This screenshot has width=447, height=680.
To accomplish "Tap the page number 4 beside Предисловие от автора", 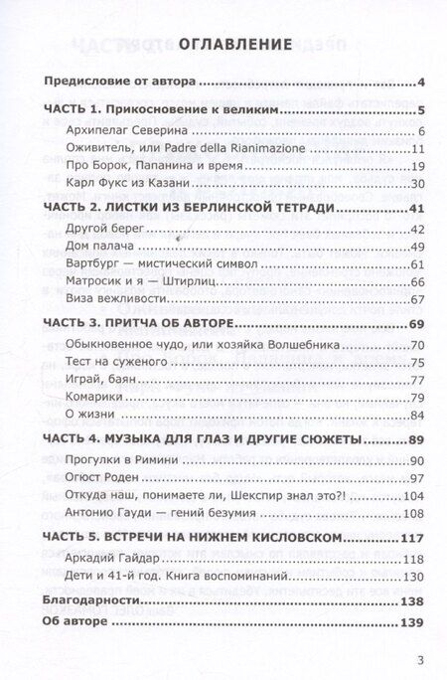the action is (x=422, y=82).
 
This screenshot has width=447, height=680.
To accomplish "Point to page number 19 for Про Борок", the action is (x=418, y=165).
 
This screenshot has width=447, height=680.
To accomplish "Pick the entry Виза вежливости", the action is (x=114, y=299).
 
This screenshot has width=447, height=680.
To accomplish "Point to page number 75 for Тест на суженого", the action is (x=418, y=361).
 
